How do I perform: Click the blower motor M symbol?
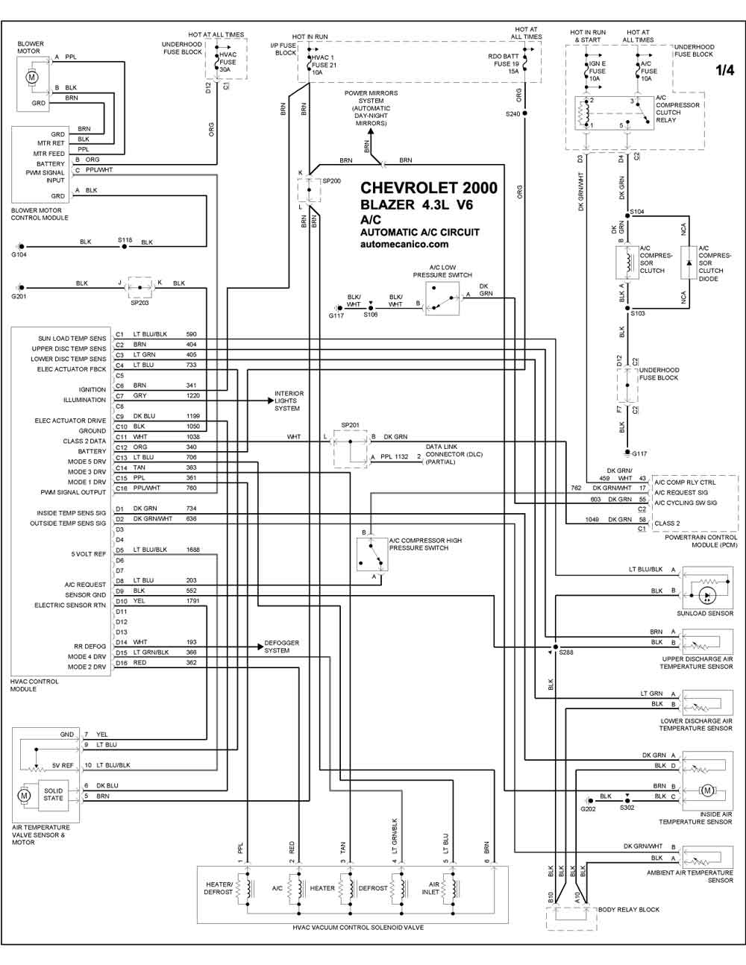tap(31, 77)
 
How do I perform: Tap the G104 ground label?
tap(19, 254)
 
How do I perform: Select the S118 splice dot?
tap(125, 246)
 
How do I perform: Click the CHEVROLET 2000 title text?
tap(428, 188)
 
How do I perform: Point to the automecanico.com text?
tap(404, 245)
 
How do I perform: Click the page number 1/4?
tap(724, 70)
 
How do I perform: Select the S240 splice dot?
tap(524, 113)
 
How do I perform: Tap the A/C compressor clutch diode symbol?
tap(689, 263)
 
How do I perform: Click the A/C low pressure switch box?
tap(442, 298)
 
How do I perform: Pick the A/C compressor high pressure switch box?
tap(372, 554)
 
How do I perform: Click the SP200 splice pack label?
tap(332, 180)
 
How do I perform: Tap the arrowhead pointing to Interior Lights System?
tap(270, 400)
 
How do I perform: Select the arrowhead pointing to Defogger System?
tap(260, 647)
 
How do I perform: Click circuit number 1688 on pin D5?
tap(192, 550)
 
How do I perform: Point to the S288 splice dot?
tap(556, 647)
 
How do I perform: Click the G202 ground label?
tap(588, 808)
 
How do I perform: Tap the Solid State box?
tap(53, 794)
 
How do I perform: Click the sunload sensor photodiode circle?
tap(707, 596)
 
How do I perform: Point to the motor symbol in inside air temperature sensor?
tap(707, 790)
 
